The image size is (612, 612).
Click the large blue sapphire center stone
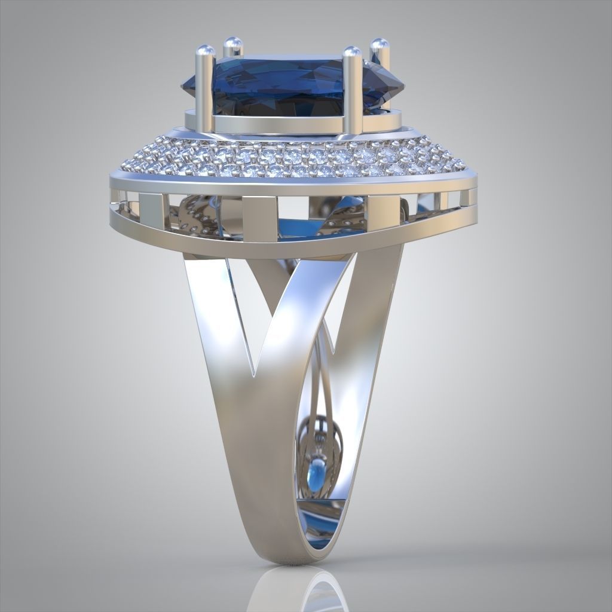(x=281, y=84)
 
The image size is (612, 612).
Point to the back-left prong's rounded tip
(x=232, y=43)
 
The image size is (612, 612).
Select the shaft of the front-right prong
(x=353, y=96)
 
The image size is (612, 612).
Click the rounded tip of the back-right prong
(x=379, y=44)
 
